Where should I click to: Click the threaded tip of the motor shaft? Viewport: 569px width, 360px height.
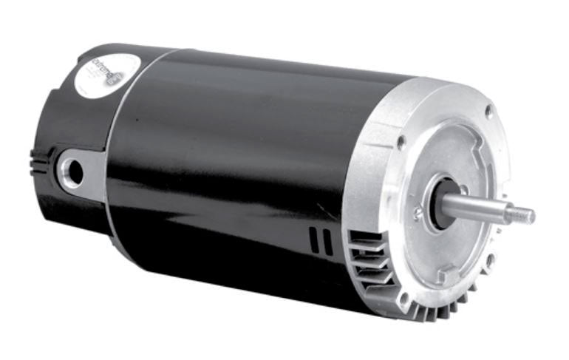tap(523, 216)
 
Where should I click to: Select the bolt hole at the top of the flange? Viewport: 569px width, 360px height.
tap(488, 111)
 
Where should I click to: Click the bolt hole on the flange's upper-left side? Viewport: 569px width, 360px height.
tap(401, 140)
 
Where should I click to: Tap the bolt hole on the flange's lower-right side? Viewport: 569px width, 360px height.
tap(489, 260)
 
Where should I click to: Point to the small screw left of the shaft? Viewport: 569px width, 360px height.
tap(418, 214)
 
